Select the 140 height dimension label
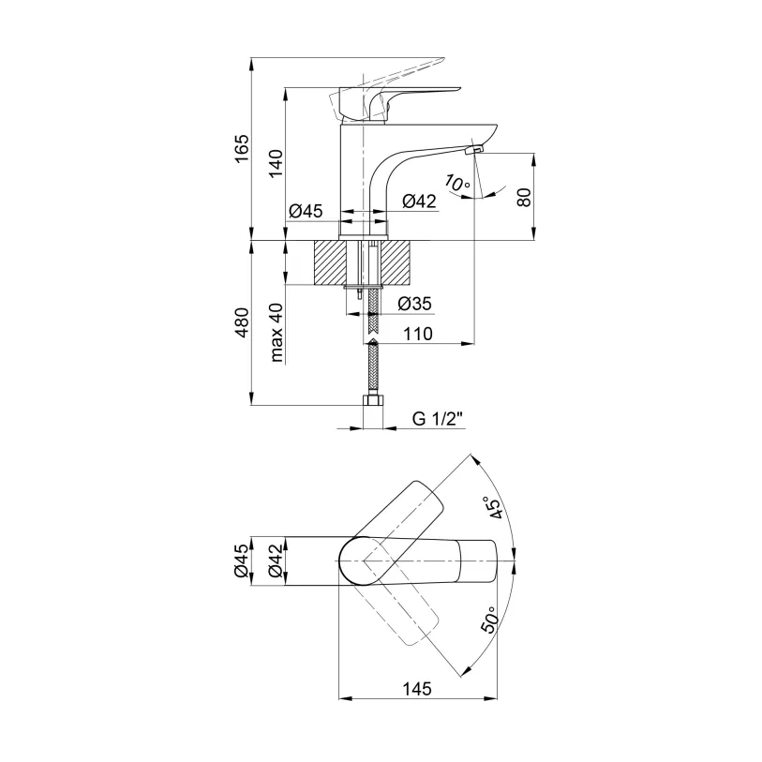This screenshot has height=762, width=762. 274,163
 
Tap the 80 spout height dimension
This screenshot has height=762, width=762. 524,197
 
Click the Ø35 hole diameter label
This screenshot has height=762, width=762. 413,303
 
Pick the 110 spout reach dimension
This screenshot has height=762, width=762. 419,334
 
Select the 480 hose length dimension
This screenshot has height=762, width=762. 241,323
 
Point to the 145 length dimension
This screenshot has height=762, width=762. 417,689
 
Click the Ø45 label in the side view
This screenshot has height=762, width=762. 306,210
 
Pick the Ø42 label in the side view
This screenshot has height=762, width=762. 419,202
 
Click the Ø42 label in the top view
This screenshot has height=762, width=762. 274,561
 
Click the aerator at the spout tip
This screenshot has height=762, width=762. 473,150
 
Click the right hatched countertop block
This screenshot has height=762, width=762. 398,261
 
